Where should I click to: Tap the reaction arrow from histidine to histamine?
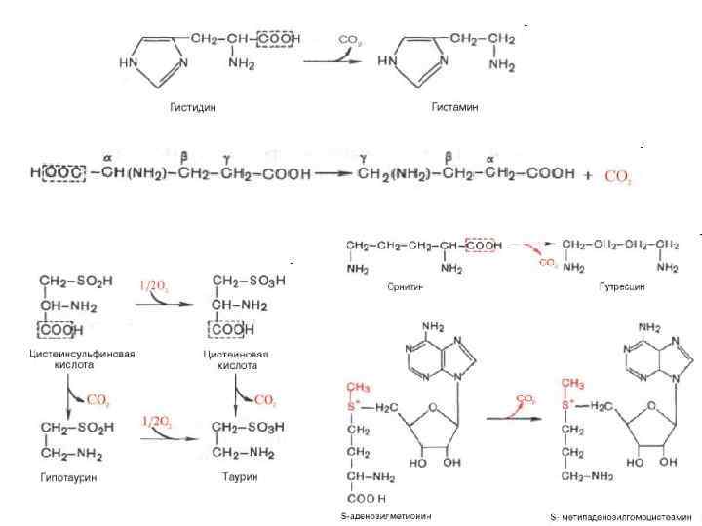tap(337, 60)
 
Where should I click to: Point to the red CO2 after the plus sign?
tap(619, 177)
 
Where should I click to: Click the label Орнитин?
tap(392, 288)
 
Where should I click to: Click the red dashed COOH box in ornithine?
tap(485, 245)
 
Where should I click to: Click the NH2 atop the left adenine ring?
tap(434, 327)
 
